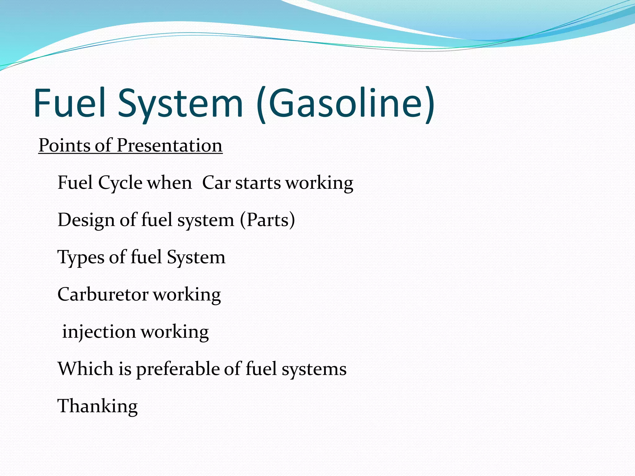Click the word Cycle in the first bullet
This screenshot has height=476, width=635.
[x=120, y=183]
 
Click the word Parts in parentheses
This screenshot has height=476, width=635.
[x=267, y=220]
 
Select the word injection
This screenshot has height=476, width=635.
[x=99, y=332]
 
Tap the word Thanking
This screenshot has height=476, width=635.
[x=97, y=406]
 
